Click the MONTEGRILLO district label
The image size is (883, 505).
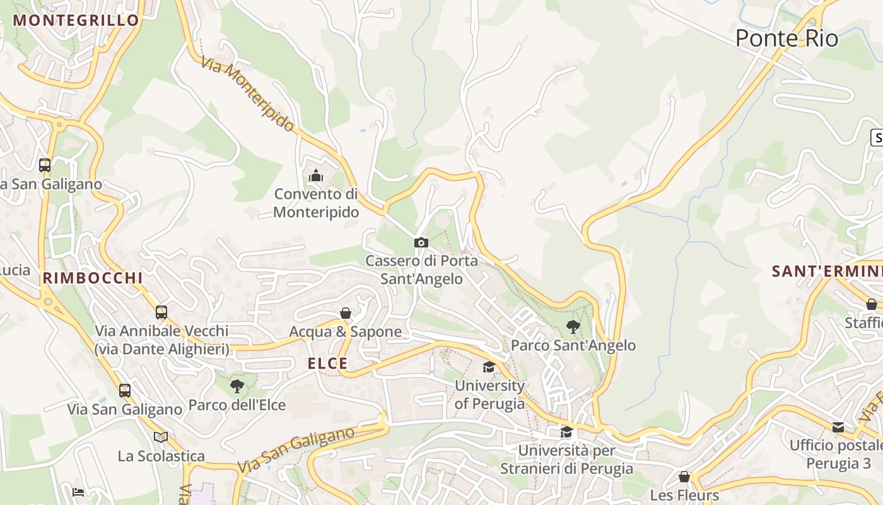(76, 20)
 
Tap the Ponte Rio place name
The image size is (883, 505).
(787, 39)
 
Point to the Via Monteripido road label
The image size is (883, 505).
(249, 95)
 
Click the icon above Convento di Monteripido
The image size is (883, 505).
(316, 175)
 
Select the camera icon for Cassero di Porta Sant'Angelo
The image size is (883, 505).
(421, 242)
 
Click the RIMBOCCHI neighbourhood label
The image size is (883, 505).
(93, 278)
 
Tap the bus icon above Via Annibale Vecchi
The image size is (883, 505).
(161, 312)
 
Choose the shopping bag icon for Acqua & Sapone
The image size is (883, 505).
(346, 313)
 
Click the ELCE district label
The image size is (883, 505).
(327, 364)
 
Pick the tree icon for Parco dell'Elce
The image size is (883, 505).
(237, 386)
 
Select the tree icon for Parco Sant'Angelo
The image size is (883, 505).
(573, 326)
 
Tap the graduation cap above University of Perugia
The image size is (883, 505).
(489, 367)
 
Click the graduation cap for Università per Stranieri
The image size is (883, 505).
(567, 432)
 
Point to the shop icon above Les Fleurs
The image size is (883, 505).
(684, 477)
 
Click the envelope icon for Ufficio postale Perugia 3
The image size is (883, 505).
(838, 427)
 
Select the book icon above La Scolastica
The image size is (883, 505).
(161, 437)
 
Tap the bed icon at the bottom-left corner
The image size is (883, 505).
(78, 492)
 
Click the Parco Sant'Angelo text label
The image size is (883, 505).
(573, 345)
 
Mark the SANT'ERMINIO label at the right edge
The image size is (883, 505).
(827, 271)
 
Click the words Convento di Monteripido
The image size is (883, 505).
(316, 203)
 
